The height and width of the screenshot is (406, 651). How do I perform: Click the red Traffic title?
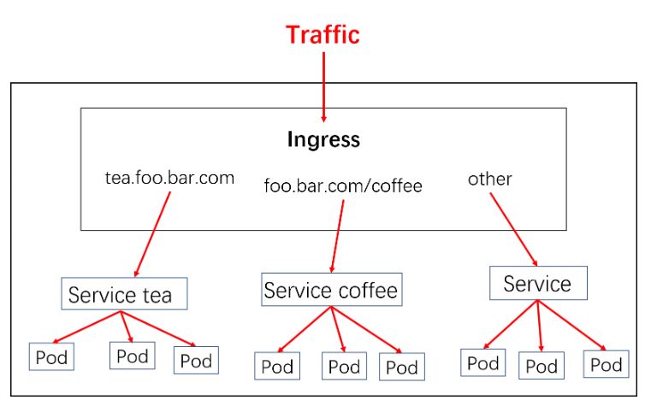[x=323, y=35]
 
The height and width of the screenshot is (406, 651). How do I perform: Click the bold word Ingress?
[x=323, y=139]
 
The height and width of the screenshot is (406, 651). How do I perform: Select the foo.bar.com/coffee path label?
[x=343, y=185]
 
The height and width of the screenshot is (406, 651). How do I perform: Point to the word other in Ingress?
[x=489, y=179]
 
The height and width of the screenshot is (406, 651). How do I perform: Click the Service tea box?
[x=124, y=295]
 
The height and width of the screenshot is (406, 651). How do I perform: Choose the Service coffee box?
[x=330, y=290]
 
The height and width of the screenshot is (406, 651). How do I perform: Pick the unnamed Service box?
[x=537, y=283]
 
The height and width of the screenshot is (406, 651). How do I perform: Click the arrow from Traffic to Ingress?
[x=323, y=85]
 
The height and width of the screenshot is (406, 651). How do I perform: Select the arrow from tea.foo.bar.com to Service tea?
[x=151, y=232]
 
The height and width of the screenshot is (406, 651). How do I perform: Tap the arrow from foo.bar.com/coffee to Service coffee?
[x=337, y=232]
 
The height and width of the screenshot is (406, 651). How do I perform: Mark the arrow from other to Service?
[x=513, y=229]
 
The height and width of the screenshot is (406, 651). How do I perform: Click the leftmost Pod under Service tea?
[x=50, y=356]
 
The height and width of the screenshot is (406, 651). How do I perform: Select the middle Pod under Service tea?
[x=132, y=355]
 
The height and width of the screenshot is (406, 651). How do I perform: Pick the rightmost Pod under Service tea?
[x=196, y=360]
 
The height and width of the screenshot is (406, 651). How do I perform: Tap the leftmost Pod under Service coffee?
[x=277, y=367]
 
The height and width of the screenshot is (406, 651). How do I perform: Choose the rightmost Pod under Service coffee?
[x=401, y=367]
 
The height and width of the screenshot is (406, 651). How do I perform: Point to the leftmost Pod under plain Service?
[x=482, y=362]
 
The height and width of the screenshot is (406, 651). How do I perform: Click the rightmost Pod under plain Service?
[x=606, y=365]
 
